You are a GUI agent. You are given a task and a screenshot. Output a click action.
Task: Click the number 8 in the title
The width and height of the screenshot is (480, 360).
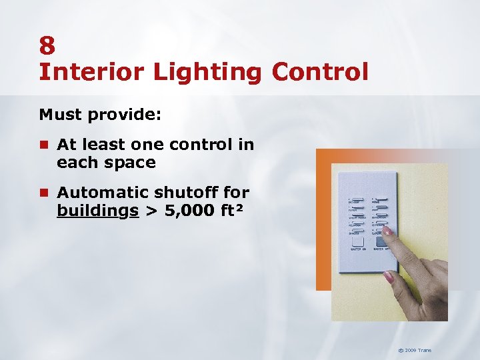point(47,45)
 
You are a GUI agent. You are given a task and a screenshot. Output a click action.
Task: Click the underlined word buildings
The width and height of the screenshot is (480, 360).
point(98,211)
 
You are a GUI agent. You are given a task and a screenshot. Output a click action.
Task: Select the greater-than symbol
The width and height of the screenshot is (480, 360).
point(151,212)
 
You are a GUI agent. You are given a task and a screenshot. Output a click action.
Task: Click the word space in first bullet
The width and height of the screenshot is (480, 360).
point(131,163)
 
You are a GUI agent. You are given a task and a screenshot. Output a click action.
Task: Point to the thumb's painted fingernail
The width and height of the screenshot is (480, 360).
point(389,276)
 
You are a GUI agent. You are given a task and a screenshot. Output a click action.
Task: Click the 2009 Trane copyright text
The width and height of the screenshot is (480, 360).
point(414,350)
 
